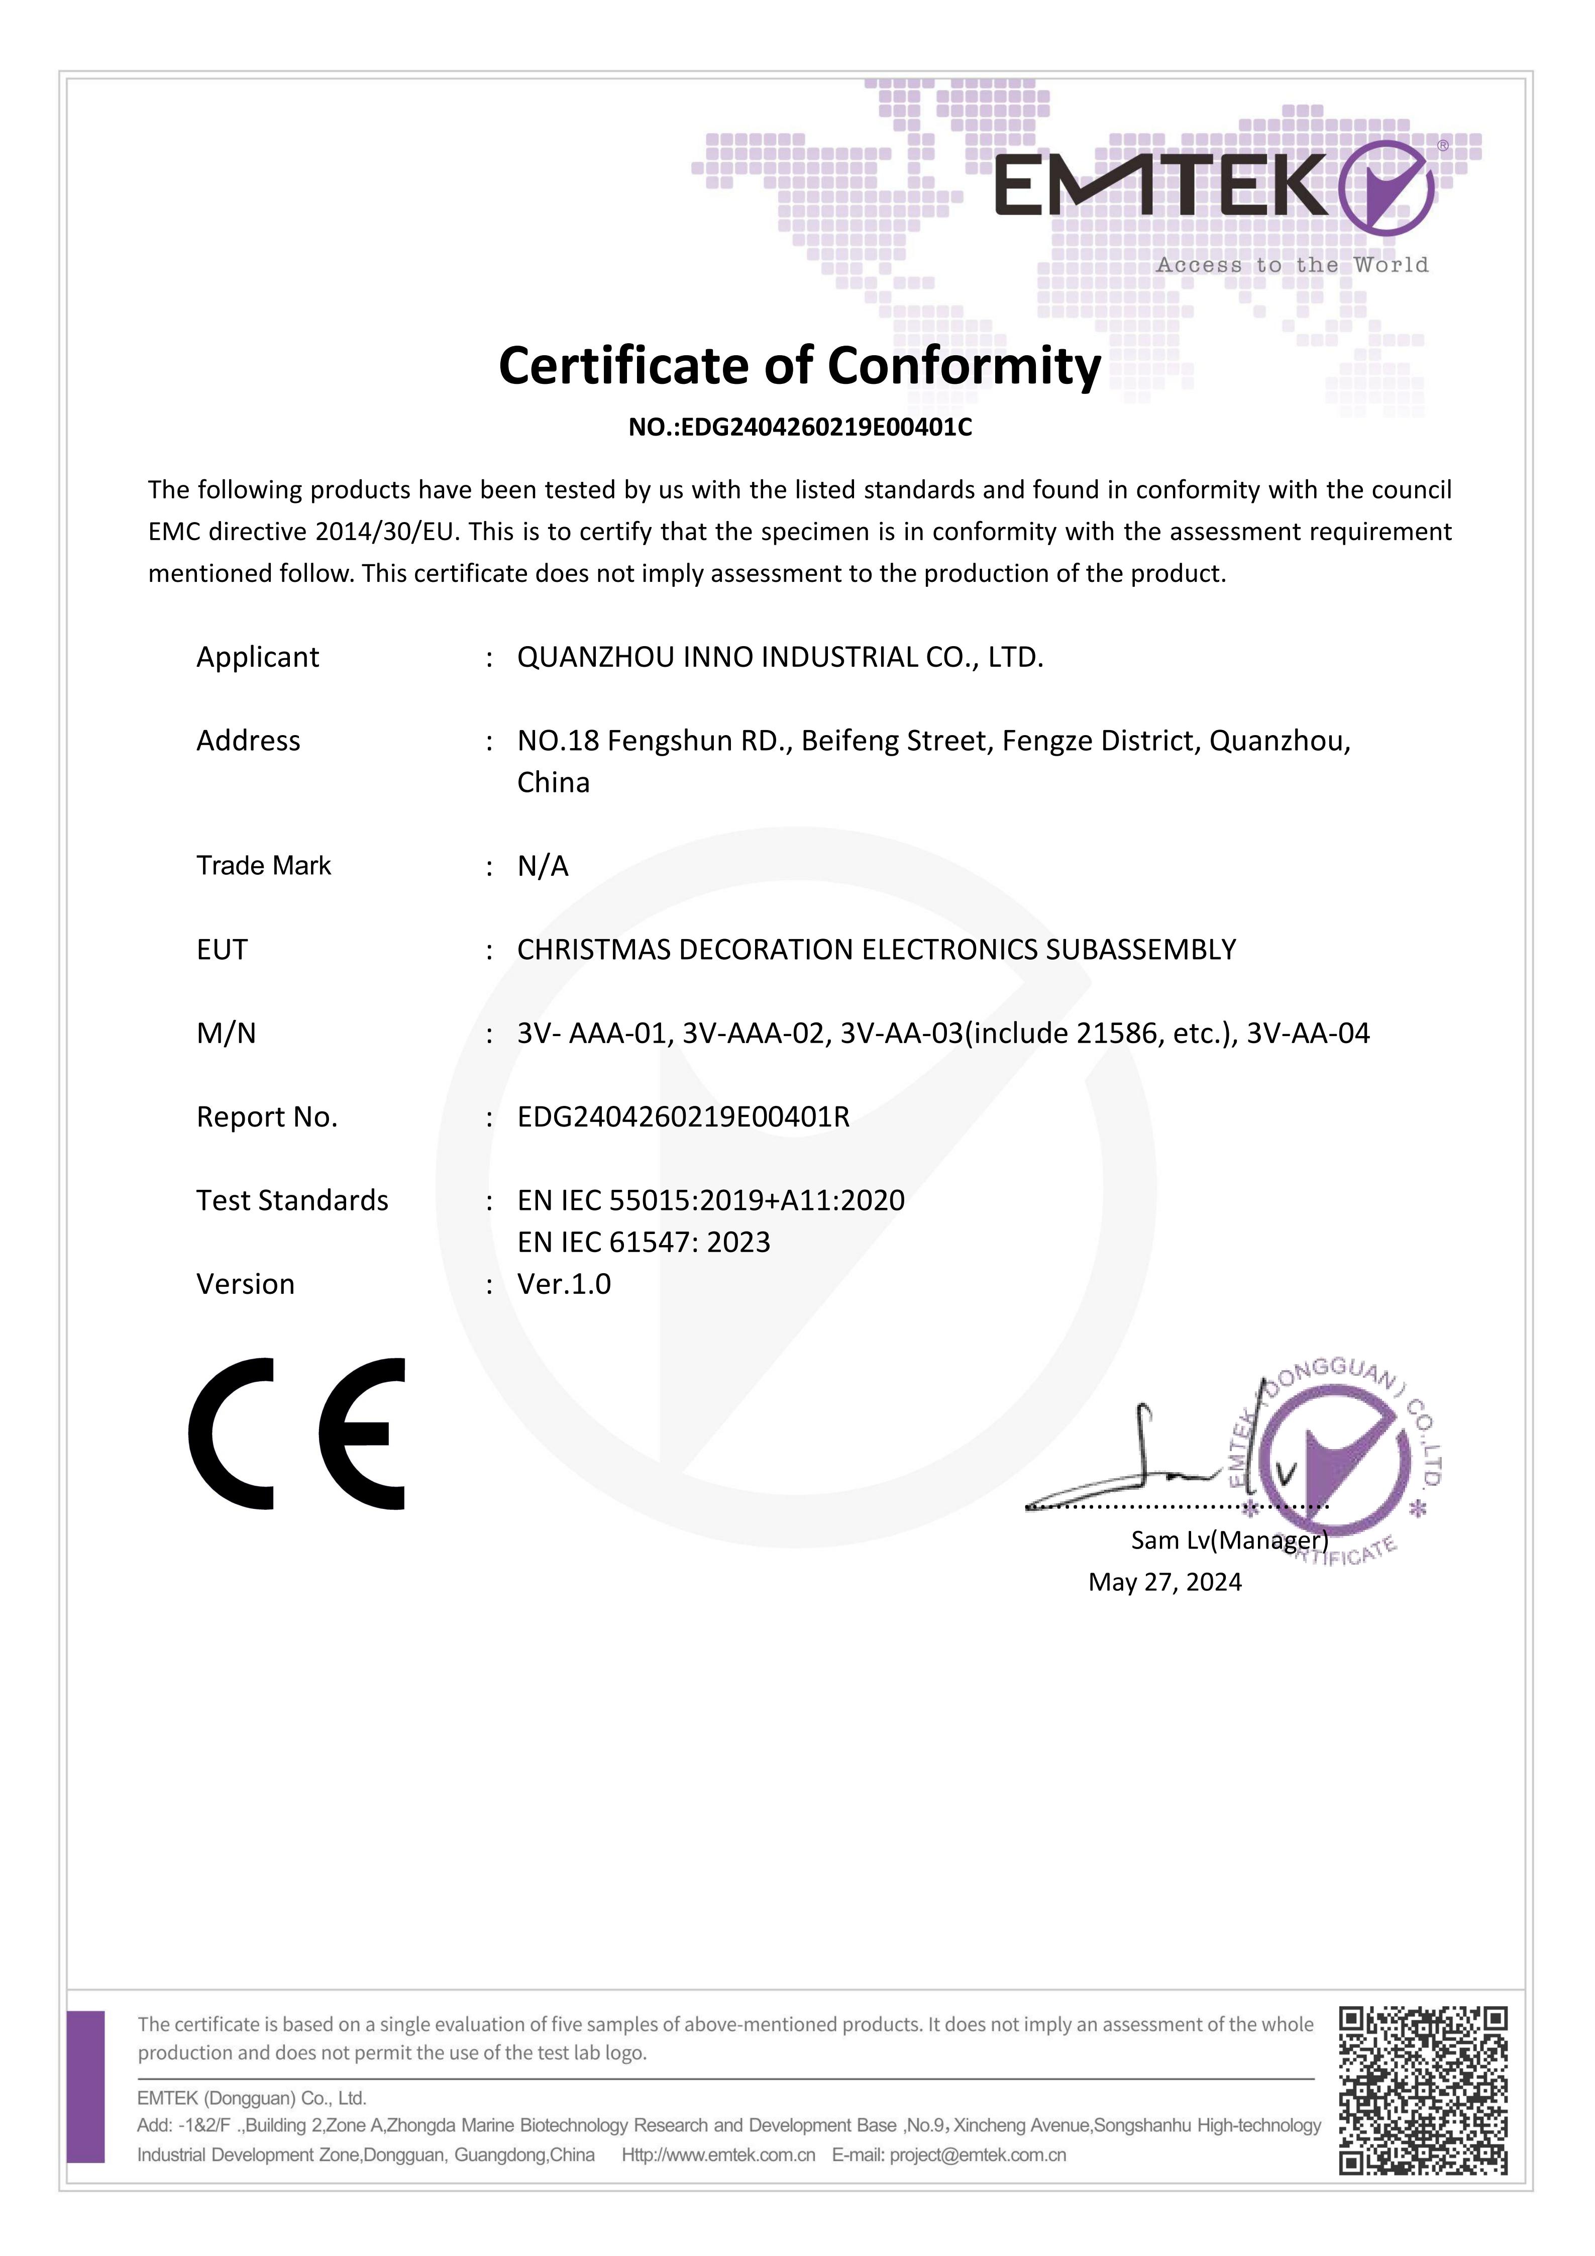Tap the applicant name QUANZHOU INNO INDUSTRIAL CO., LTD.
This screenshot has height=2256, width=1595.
tap(780, 657)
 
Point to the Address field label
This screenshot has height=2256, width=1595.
tap(249, 741)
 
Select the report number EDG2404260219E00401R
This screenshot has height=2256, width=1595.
tap(684, 1117)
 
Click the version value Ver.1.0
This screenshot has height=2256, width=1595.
tap(564, 1284)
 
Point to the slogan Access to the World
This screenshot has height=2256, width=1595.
tap(1292, 265)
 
